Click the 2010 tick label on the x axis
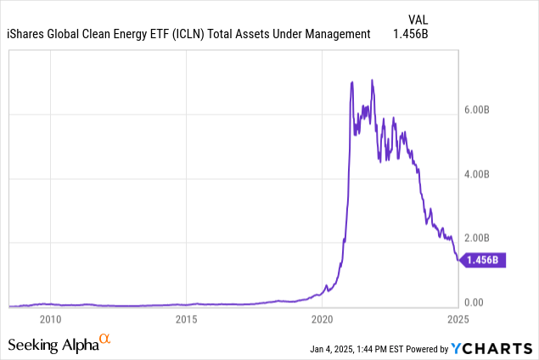coord(51,319)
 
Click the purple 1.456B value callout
coord(485,261)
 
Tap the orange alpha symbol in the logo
coord(105,340)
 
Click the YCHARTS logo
coord(491,347)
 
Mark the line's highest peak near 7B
coord(372,80)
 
